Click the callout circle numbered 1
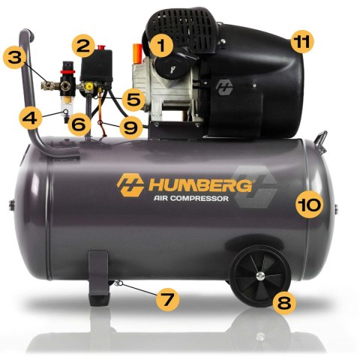(x=159, y=45)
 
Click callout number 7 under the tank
(x=167, y=298)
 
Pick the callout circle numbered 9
(x=131, y=127)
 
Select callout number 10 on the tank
(x=308, y=203)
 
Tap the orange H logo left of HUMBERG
(x=130, y=184)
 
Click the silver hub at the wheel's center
(x=257, y=277)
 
